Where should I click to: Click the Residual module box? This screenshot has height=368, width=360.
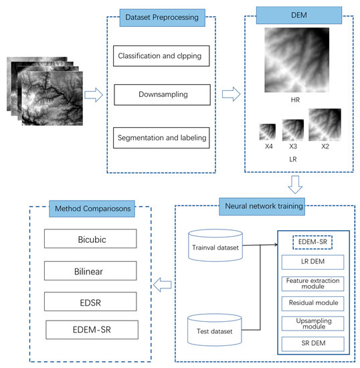pos(313,303)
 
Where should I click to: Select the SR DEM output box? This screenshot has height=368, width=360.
pos(313,345)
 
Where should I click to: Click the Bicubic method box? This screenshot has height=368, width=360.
pos(90,238)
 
